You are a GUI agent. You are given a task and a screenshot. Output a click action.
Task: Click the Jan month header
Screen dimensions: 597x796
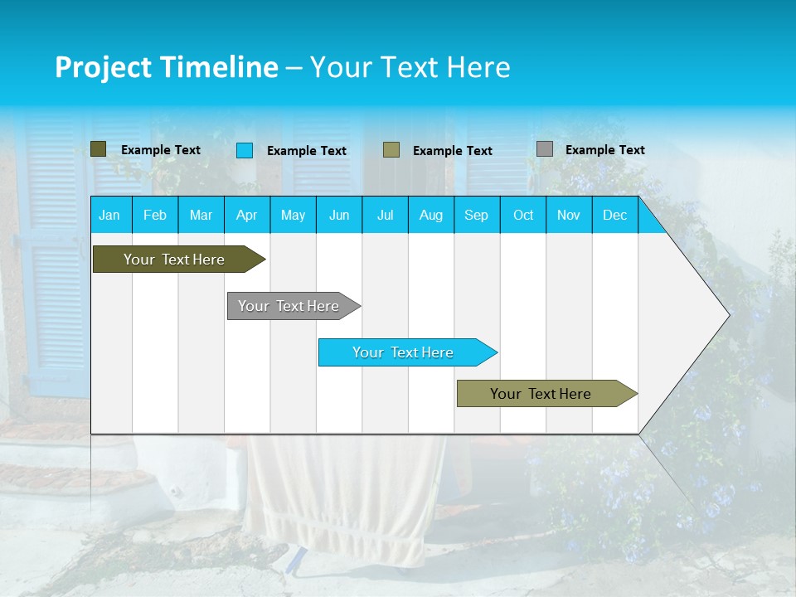(109, 216)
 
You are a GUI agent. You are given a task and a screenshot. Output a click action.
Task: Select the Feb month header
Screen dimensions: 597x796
(155, 216)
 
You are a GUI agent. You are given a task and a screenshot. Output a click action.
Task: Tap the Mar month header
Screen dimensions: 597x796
(201, 216)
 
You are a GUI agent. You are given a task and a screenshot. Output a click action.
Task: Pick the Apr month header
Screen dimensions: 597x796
(246, 216)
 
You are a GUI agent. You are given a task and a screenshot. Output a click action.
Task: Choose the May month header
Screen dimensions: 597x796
(293, 216)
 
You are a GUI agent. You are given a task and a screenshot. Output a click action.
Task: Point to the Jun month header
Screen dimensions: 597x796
(339, 216)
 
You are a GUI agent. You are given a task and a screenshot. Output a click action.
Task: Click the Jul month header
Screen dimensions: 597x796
(385, 216)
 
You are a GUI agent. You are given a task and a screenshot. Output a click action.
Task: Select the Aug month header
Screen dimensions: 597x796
(430, 216)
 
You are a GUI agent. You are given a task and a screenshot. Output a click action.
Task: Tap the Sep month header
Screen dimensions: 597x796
(476, 216)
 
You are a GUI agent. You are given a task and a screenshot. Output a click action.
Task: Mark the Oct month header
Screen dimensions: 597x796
(523, 216)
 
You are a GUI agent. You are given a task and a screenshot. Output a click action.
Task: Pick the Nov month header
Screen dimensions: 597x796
(569, 216)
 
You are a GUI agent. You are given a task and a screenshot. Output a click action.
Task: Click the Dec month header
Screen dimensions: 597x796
(614, 216)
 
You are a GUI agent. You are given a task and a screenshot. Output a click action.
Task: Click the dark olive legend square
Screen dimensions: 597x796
(99, 149)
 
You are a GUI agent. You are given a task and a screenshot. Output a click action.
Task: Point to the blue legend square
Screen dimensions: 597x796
(245, 150)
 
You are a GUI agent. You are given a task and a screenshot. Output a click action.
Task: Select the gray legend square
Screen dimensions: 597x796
(545, 149)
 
